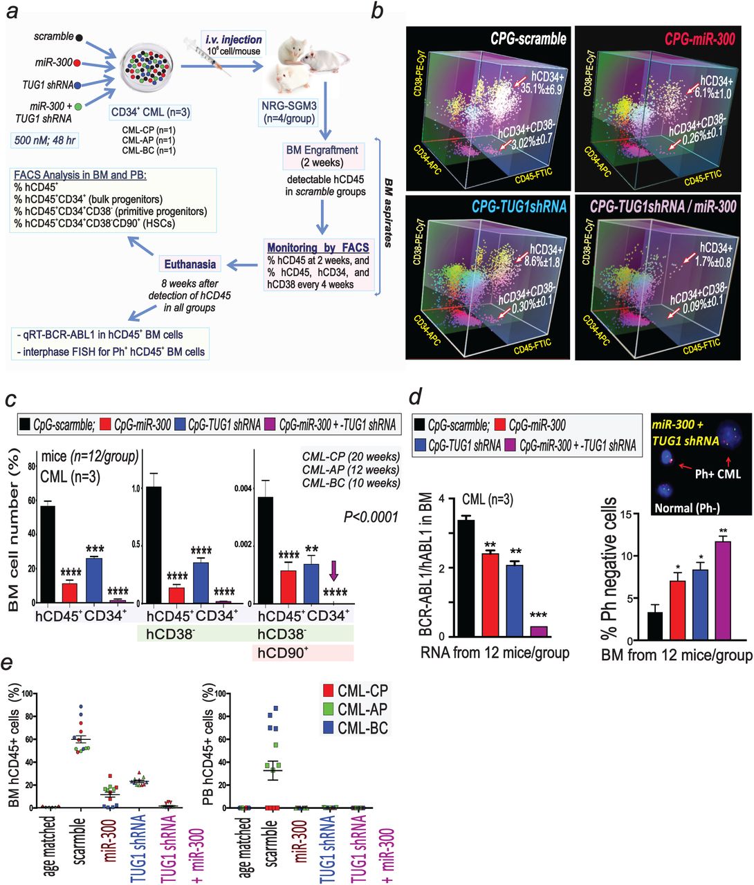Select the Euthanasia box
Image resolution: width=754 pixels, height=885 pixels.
click(190, 263)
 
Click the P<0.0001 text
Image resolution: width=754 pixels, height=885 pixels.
click(370, 516)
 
